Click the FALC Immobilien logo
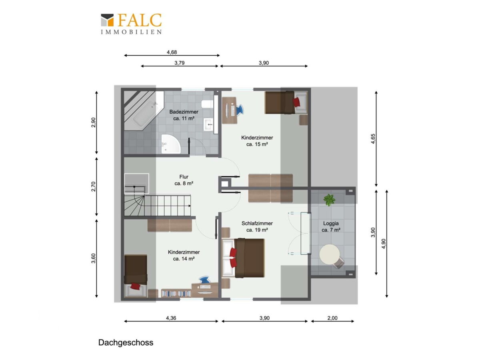[131, 24]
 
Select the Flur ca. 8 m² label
[184, 180]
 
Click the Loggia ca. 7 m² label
[331, 226]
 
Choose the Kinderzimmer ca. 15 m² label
[257, 141]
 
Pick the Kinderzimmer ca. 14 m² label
[184, 255]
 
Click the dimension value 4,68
[172, 52]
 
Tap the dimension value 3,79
[179, 63]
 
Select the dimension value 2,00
[332, 318]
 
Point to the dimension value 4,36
[171, 318]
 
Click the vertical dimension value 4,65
[373, 138]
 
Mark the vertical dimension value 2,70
[93, 186]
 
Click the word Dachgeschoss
[126, 342]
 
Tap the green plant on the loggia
[329, 200]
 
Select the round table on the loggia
[330, 254]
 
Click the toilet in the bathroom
[206, 104]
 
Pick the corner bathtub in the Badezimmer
[144, 111]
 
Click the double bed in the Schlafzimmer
[243, 258]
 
